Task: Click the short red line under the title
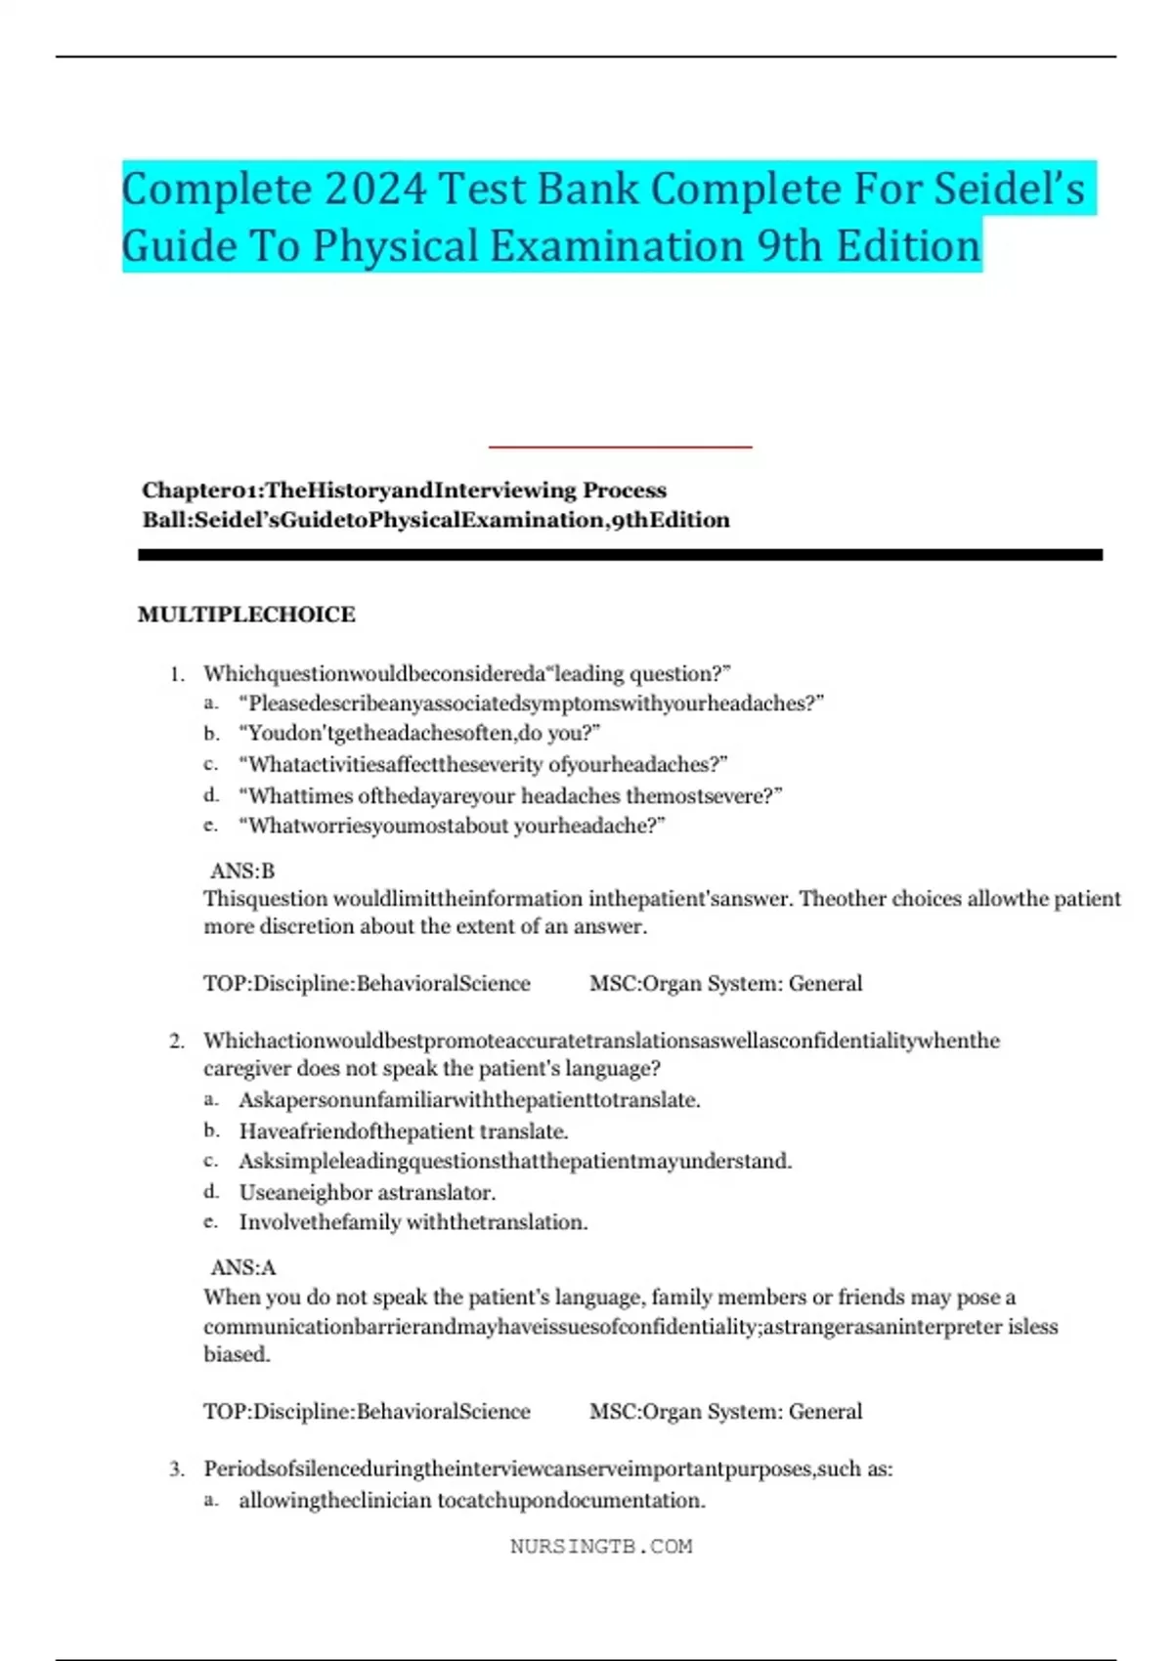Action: pos(620,447)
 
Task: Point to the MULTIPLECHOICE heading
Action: pos(246,615)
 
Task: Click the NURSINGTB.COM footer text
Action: pos(601,1547)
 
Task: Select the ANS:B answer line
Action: pos(242,871)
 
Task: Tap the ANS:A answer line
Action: pos(243,1268)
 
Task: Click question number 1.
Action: pos(177,674)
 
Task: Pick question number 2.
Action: pos(177,1042)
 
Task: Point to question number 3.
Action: pos(177,1469)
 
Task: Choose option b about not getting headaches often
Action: pos(420,733)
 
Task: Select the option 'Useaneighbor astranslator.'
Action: pos(368,1193)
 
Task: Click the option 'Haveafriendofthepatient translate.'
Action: pos(404,1131)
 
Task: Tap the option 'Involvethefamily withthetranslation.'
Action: pos(413,1222)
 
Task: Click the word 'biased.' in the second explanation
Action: pos(237,1355)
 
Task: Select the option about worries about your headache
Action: pos(452,826)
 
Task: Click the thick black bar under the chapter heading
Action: pos(620,555)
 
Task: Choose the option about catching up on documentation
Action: pos(472,1501)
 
